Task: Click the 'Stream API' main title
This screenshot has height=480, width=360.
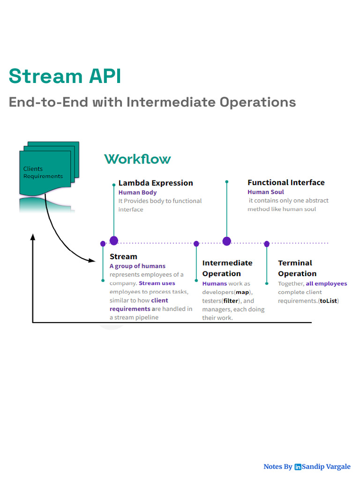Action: tap(65, 76)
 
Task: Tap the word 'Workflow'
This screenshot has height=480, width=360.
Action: tap(137, 159)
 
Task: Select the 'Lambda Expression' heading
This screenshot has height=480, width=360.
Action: tap(156, 183)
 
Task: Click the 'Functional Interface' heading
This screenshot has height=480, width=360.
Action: tap(286, 182)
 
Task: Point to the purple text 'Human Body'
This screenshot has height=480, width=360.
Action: tap(137, 193)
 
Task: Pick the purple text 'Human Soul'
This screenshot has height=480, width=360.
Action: tap(266, 192)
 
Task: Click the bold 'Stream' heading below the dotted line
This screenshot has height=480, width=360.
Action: tap(123, 256)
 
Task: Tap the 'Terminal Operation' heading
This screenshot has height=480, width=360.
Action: tap(297, 268)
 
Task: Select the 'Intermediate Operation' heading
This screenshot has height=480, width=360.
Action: tap(227, 268)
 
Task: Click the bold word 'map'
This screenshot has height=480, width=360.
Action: tap(242, 292)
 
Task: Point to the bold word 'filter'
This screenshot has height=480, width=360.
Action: tap(231, 301)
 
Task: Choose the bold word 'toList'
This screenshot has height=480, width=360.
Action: tap(329, 301)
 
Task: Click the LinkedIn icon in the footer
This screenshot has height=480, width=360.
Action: tap(298, 467)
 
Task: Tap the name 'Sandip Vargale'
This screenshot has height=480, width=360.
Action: tap(326, 466)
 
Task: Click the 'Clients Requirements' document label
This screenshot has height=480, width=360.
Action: tap(43, 172)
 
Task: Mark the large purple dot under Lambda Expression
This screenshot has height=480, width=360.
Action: tap(114, 240)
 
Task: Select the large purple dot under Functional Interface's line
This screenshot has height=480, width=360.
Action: tap(227, 241)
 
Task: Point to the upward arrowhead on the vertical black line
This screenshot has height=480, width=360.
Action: tap(33, 237)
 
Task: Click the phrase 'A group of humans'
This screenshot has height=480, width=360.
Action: tap(137, 266)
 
